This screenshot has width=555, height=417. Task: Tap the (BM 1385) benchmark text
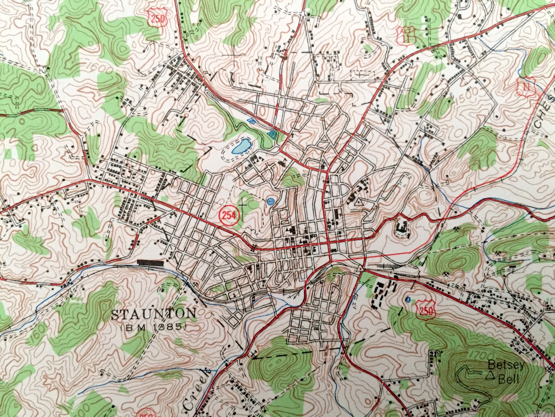(x=153, y=327)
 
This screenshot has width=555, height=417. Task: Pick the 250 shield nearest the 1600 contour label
(x=158, y=18)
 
